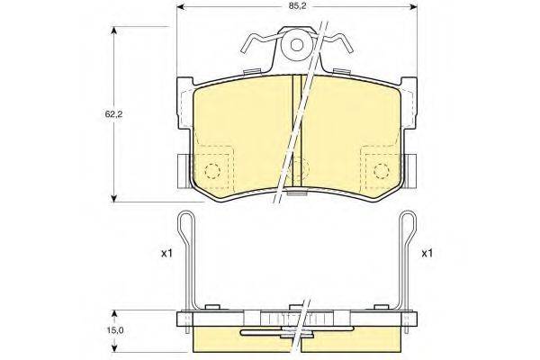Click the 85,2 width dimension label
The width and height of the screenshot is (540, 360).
[x=296, y=6]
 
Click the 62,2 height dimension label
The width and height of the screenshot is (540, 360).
[x=114, y=114]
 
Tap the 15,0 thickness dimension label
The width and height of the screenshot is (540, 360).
[x=114, y=330]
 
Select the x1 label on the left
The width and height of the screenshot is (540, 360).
[x=166, y=254]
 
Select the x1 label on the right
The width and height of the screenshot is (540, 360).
[x=427, y=254]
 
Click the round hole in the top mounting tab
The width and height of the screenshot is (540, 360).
[x=296, y=45]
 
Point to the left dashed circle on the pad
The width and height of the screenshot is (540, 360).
[x=212, y=170]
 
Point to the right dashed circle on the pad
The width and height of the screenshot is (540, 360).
[x=382, y=170]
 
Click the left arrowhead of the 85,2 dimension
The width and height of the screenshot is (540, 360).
[x=181, y=6]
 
